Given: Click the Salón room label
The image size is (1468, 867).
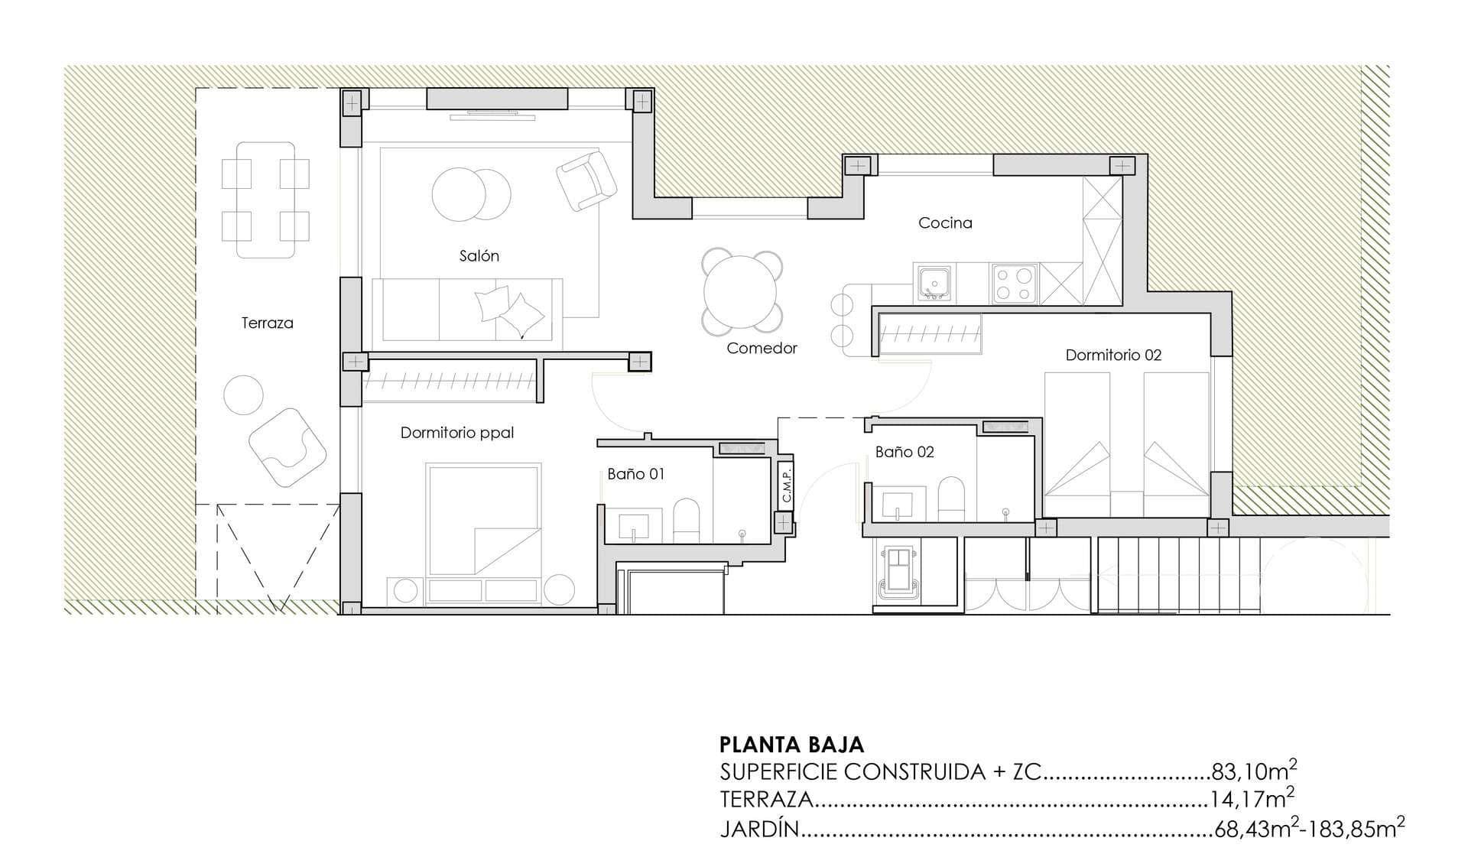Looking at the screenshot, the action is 479,256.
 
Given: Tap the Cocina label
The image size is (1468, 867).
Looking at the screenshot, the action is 945,223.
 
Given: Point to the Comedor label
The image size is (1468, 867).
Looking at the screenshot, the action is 762,349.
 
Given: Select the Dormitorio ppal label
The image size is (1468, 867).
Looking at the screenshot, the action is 457,433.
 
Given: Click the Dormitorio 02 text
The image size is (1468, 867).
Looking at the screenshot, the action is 1113,355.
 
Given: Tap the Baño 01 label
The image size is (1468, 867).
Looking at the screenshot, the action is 635,474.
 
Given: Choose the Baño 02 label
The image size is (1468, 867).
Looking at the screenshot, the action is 905,452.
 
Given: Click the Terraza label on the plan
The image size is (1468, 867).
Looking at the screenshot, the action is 267,323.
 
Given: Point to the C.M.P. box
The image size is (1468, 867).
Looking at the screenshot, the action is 786,484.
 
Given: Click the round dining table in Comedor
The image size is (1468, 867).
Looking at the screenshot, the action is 740,292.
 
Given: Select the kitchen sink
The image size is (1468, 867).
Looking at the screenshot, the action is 934,283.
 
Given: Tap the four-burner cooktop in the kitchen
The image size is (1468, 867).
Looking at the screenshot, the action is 1015,284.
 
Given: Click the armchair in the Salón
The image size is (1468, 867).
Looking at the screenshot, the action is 586,180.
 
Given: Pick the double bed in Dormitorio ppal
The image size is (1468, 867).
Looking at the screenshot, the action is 485,518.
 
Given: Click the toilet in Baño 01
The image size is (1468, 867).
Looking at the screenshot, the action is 686,521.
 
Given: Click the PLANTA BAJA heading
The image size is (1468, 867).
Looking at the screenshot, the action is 791,745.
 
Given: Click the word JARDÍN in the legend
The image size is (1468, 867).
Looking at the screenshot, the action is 759,829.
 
